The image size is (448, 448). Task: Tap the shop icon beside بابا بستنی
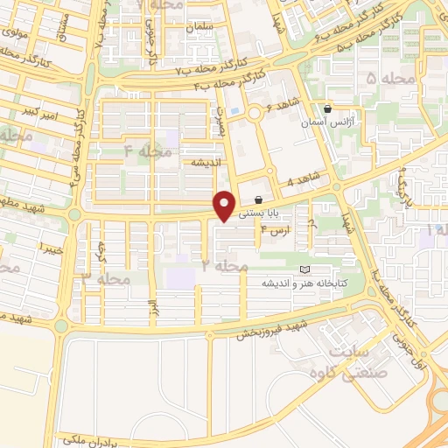257,199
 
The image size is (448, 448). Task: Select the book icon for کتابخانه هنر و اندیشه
304,269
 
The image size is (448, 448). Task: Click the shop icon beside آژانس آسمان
327,109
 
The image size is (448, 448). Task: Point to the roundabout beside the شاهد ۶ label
255,111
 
